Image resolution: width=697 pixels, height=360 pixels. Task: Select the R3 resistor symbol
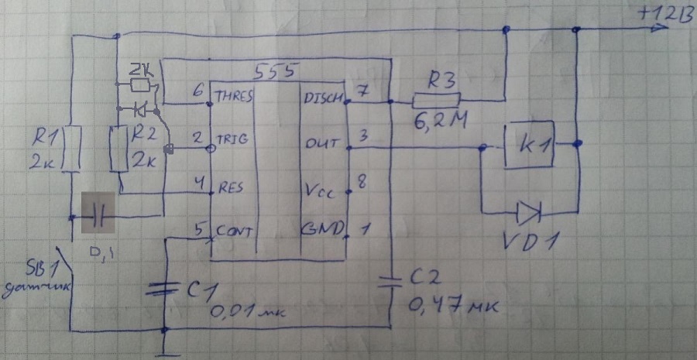[437, 101]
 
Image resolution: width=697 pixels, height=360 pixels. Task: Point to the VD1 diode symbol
[530, 210]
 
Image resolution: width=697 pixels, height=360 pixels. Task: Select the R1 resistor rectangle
[70, 149]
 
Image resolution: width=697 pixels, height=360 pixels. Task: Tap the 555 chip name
[274, 72]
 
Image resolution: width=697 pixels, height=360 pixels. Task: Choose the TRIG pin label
[232, 140]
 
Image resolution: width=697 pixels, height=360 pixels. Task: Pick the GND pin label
[323, 230]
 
